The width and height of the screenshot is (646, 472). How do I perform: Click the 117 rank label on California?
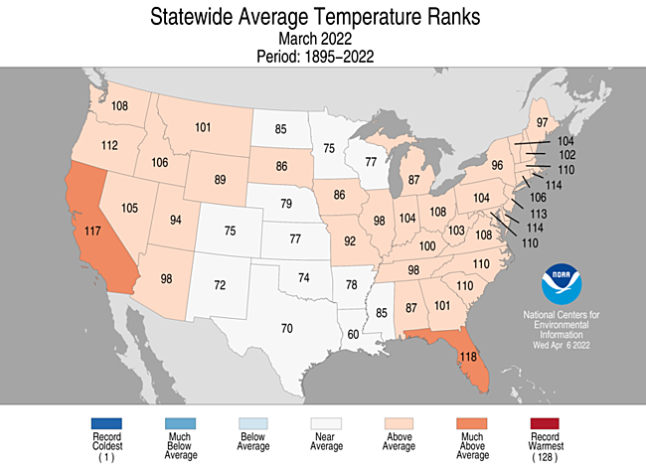[92, 232]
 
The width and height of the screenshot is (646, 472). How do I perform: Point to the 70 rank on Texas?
[286, 328]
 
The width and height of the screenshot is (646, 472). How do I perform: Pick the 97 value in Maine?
[543, 122]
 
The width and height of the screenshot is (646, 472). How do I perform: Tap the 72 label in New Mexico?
[222, 285]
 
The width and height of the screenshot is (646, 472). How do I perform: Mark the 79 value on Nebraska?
[285, 205]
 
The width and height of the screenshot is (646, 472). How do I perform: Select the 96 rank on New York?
[498, 165]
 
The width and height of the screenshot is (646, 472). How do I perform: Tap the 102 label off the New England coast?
[568, 156]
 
